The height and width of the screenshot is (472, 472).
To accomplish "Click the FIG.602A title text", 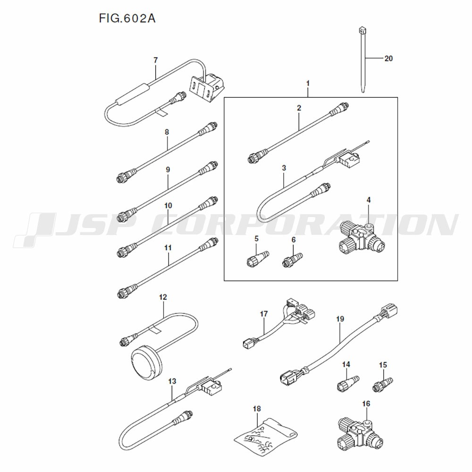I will click(127, 19).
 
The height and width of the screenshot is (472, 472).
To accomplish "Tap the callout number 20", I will click(388, 59).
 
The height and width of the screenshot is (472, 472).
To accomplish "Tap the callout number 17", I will click(263, 314).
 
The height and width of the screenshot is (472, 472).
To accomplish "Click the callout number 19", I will click(340, 320).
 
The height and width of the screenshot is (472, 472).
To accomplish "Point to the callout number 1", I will click(308, 84).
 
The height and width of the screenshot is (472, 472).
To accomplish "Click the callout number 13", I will click(172, 381).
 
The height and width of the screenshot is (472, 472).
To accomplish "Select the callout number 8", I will click(167, 133).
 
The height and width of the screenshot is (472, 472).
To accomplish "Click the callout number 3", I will click(284, 168).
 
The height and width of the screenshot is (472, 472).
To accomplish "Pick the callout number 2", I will click(299, 108).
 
